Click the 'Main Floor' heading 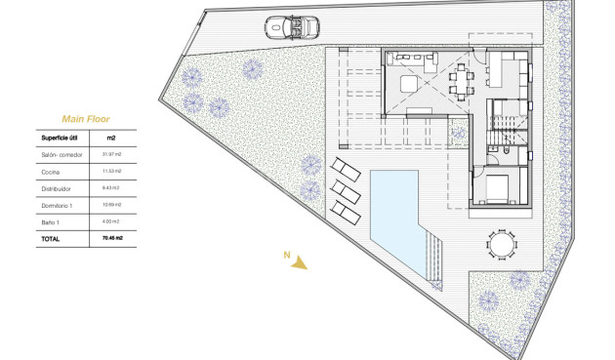pos(86,118)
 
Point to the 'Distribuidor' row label pos(57,188)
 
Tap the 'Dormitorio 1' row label pos(58,205)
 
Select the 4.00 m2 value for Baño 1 pos(110,221)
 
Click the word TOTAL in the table pos(50,238)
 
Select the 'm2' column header pos(110,138)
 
